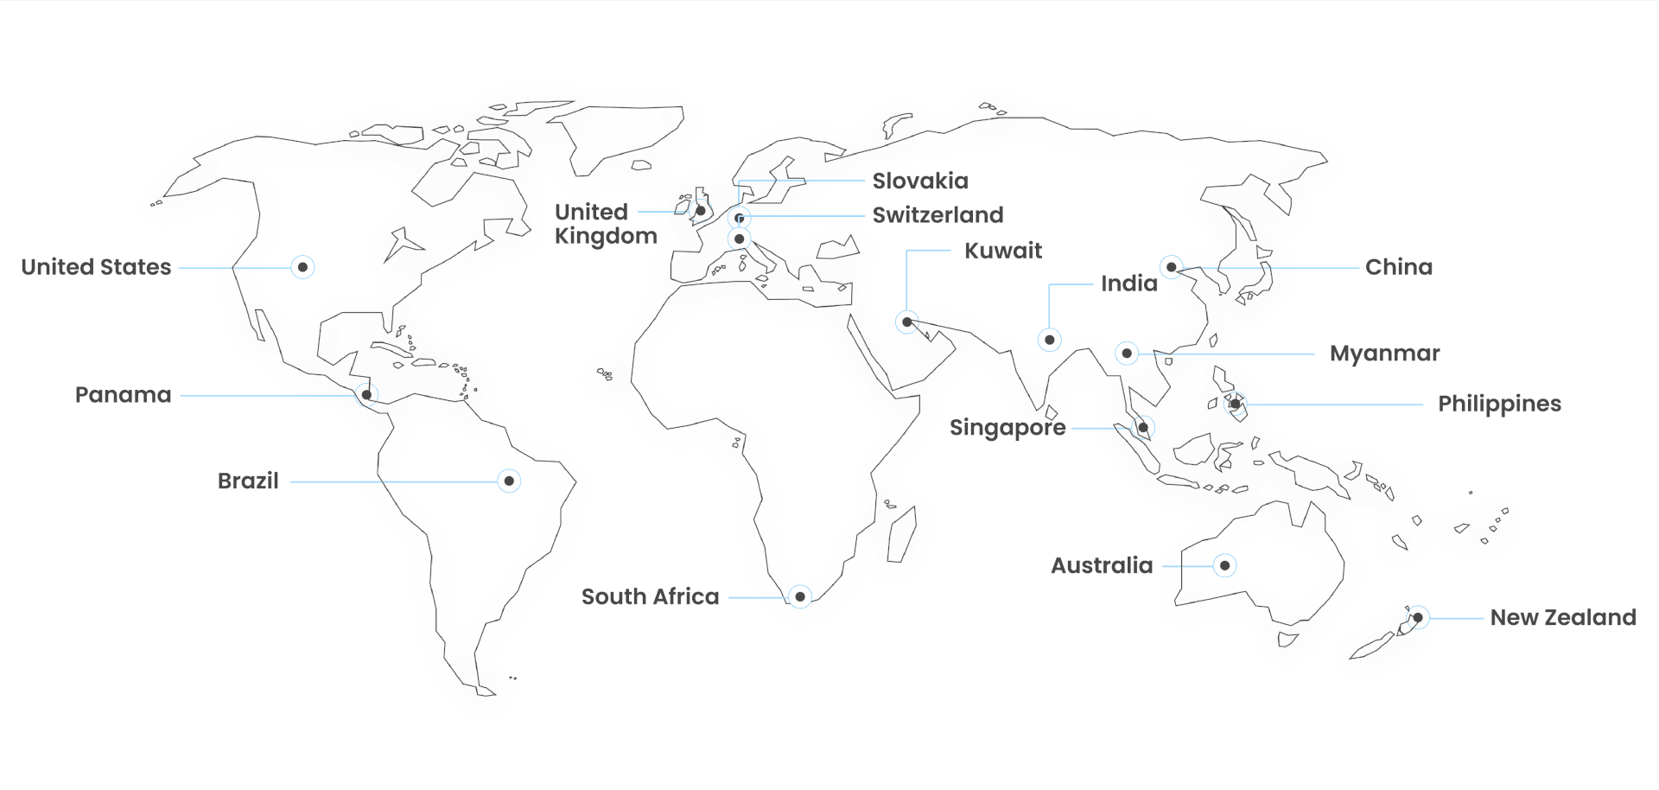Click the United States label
click(96, 267)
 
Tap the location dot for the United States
click(302, 267)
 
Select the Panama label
click(123, 395)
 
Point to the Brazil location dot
click(509, 481)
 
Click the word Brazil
click(248, 481)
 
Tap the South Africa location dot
click(800, 596)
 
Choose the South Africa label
click(650, 596)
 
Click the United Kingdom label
click(605, 224)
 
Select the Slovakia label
click(920, 181)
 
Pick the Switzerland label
click(938, 214)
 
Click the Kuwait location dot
click(906, 322)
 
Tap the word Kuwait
click(1003, 251)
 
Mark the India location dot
click(1049, 340)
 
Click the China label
click(1398, 267)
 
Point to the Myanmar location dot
click(1127, 354)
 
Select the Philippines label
click(1499, 404)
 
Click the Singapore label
click(1007, 428)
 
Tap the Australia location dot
click(1224, 565)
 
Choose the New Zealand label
click(1562, 617)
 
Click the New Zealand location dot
click(1418, 617)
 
